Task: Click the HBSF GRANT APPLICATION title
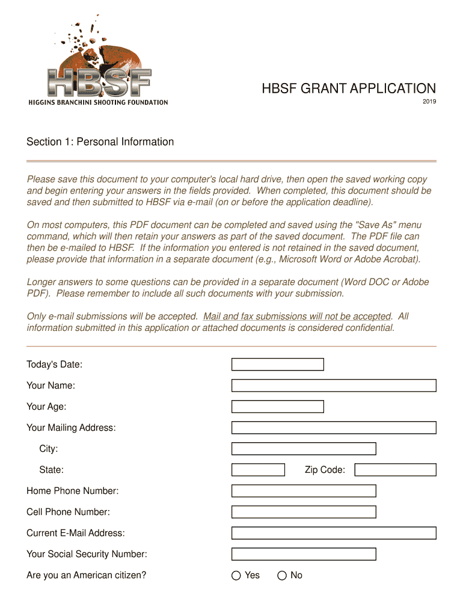click(348, 89)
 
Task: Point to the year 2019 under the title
click(429, 101)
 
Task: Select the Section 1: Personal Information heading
click(100, 142)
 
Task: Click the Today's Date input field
click(277, 365)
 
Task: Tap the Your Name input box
click(334, 386)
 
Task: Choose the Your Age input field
click(277, 407)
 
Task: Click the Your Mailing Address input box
click(334, 428)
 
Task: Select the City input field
click(304, 449)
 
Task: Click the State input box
click(258, 470)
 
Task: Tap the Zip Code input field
click(395, 470)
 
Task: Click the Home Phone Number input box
click(304, 491)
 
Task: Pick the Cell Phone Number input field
click(304, 512)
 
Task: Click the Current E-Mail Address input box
click(334, 533)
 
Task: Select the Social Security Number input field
click(304, 554)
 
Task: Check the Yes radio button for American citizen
click(236, 576)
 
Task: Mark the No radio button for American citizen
click(282, 576)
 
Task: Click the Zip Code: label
click(325, 470)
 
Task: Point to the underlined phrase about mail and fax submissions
click(297, 316)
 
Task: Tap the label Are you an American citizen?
click(86, 575)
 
